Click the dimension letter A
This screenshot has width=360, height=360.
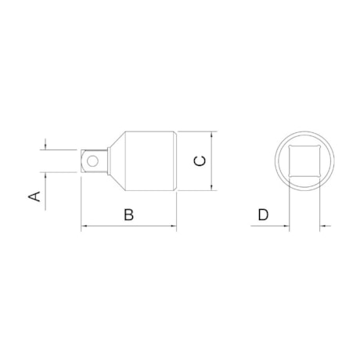click(x=34, y=196)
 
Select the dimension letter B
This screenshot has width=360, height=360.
click(x=128, y=214)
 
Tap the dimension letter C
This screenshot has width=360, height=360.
click(x=200, y=160)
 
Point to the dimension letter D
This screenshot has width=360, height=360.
click(x=263, y=214)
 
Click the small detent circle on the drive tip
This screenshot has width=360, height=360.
click(x=94, y=160)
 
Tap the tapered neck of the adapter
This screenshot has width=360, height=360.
click(x=113, y=160)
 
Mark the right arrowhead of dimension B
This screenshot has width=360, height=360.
click(x=173, y=229)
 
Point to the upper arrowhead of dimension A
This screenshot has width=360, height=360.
click(x=47, y=145)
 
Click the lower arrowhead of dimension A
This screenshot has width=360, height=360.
click(x=47, y=177)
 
